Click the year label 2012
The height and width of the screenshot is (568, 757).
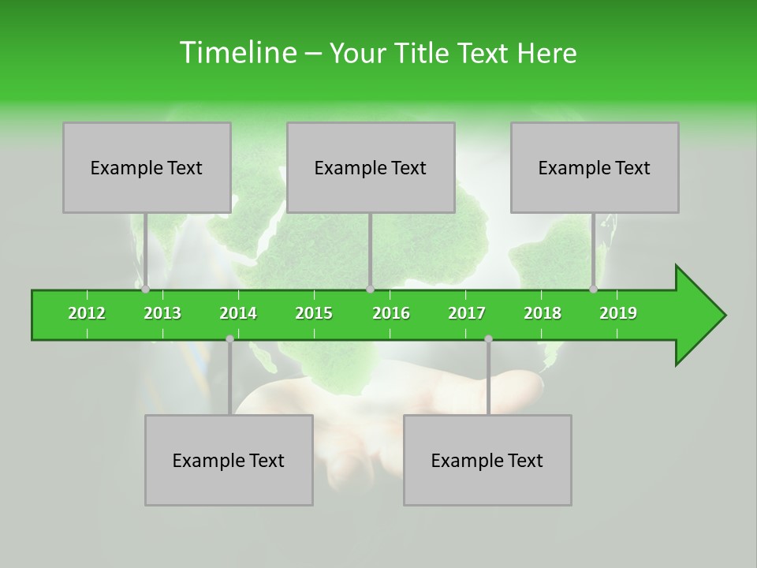87,313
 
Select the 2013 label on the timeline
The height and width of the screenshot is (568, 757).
162,313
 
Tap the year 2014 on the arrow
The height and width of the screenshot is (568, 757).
238,313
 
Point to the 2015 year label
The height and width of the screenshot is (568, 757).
314,313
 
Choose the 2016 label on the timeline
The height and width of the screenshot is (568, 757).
391,313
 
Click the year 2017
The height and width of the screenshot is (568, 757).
467,313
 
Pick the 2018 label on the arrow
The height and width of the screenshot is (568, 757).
543,313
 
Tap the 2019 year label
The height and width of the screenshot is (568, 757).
618,313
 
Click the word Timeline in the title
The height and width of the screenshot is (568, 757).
237,53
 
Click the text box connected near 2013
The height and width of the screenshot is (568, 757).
147,168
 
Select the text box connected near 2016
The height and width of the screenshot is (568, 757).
371,168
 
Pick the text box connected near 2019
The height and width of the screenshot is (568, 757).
595,168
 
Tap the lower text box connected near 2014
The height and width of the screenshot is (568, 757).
229,461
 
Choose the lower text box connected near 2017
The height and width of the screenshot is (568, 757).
487,461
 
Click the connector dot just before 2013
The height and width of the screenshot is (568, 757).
145,290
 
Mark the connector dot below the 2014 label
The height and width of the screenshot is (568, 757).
229,338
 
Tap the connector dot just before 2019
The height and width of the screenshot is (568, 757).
593,290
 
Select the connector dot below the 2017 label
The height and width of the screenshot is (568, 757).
488,338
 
